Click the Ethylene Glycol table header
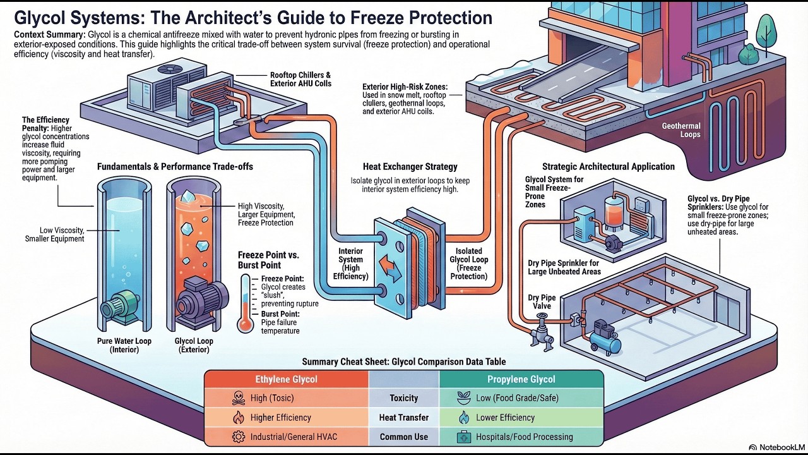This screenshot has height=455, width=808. [x=286, y=379]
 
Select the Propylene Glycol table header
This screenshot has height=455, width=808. [x=521, y=379]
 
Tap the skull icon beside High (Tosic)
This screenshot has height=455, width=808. [x=237, y=398]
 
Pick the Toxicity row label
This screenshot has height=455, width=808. [x=403, y=398]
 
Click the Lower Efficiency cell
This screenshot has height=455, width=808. [x=505, y=418]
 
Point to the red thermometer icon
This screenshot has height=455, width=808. [x=244, y=303]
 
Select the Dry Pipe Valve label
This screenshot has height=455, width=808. [x=542, y=301]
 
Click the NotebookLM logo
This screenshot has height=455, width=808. [x=775, y=447]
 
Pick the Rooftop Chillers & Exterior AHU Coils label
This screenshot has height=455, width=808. [x=300, y=79]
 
